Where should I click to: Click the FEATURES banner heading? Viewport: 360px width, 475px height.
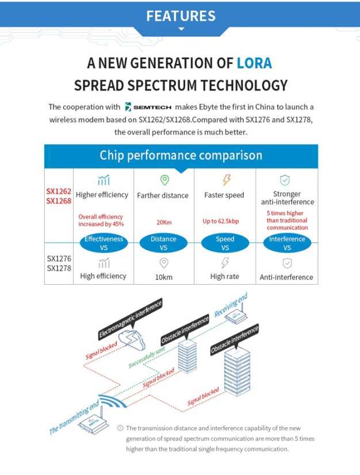point(181,16)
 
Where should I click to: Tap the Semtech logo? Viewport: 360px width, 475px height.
point(148,107)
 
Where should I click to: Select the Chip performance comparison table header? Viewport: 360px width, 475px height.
point(181,155)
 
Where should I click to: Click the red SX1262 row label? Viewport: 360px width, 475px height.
point(59,190)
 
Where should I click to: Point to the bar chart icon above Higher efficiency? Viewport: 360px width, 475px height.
point(104,181)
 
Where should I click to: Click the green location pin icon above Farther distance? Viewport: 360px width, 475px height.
point(164,181)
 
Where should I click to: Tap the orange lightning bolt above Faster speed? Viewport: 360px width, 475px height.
point(226,181)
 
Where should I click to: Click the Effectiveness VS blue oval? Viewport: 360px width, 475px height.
point(104,243)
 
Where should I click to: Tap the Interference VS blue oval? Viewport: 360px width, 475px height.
point(287,243)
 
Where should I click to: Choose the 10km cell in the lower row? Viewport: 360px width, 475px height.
point(163,277)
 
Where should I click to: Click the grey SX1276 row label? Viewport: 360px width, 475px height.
point(59,259)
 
